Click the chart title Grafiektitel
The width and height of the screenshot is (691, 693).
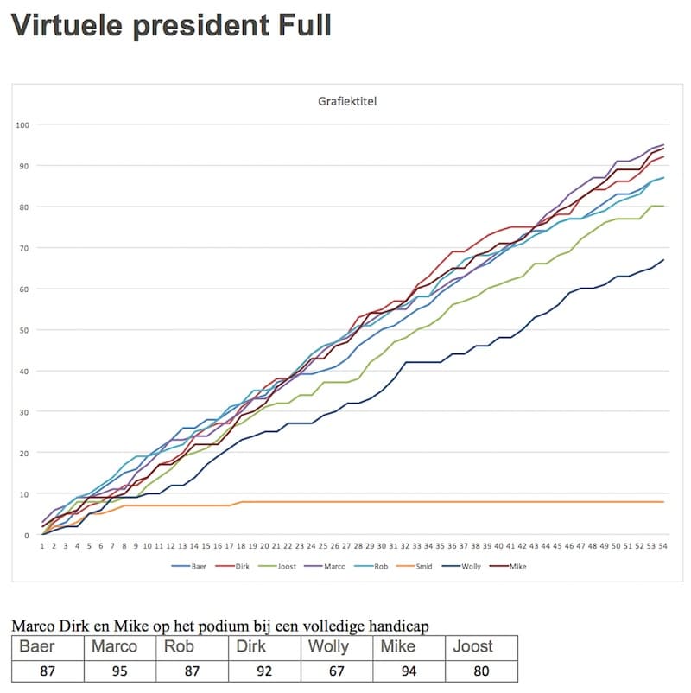(347, 101)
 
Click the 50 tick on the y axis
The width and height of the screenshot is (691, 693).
(25, 330)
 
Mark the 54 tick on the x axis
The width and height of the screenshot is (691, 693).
(662, 546)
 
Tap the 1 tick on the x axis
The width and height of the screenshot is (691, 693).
(42, 546)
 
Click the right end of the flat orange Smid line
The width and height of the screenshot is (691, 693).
(663, 502)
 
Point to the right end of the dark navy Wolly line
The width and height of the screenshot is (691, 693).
(663, 260)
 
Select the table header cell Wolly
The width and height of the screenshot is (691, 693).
(329, 646)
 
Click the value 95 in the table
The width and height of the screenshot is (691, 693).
(120, 671)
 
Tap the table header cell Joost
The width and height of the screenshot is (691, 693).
(473, 646)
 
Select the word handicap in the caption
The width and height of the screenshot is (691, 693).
(394, 626)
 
